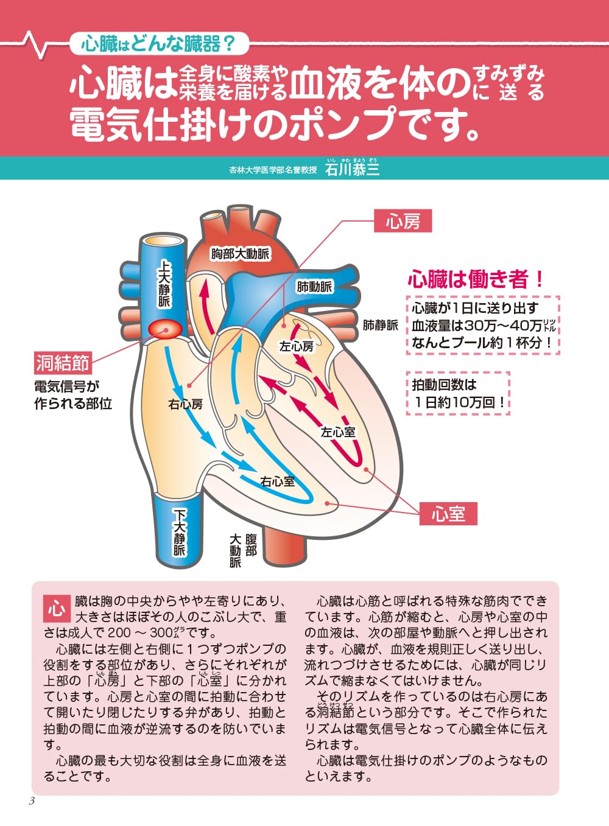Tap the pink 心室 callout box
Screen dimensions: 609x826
[x=448, y=514]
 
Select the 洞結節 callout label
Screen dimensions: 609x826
[x=63, y=363]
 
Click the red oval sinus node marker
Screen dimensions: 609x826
[x=165, y=329]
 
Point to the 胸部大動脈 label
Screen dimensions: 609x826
[x=240, y=254]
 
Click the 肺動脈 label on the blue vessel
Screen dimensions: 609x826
[x=314, y=287]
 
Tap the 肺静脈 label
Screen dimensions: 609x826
[x=380, y=325]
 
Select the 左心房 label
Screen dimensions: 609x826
[x=296, y=346]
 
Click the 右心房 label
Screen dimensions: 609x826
[x=186, y=405]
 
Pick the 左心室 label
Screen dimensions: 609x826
[x=338, y=432]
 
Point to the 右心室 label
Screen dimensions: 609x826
[x=277, y=481]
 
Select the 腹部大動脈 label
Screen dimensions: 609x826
[x=242, y=550]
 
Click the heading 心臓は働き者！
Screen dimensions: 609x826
[x=476, y=279]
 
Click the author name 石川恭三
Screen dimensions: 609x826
[x=352, y=170]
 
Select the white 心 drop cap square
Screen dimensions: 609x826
[x=57, y=609]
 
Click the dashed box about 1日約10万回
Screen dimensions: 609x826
[x=458, y=393]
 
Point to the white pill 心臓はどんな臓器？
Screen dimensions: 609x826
[x=158, y=44]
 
